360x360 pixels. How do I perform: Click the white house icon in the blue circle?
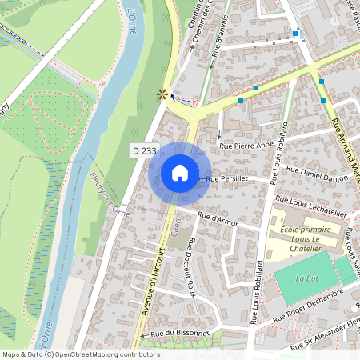click(x=180, y=173)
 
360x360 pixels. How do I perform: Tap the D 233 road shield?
click(x=144, y=150)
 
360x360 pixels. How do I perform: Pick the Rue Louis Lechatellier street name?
click(x=311, y=202)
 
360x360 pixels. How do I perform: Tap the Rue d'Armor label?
click(x=218, y=218)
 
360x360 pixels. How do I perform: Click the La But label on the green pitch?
click(x=306, y=278)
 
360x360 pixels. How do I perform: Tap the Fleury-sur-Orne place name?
click(x=110, y=195)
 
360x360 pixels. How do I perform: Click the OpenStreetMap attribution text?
click(x=81, y=354)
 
